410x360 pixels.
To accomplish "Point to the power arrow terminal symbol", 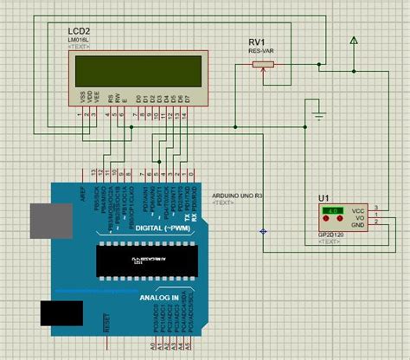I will [x=353, y=40].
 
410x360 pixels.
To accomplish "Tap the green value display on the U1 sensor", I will [x=330, y=210].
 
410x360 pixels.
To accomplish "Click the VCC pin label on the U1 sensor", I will [x=356, y=210].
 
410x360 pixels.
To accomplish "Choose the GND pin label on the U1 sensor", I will [x=356, y=225].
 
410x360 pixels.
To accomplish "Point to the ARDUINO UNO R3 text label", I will [x=237, y=196].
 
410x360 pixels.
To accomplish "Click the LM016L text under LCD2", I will [x=80, y=40].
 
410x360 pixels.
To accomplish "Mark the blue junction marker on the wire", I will [x=263, y=231].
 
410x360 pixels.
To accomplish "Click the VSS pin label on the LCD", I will [x=83, y=98].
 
